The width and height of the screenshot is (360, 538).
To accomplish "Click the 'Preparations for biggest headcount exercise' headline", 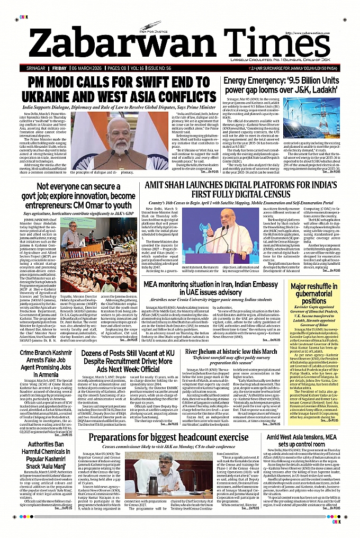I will click(169, 437).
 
